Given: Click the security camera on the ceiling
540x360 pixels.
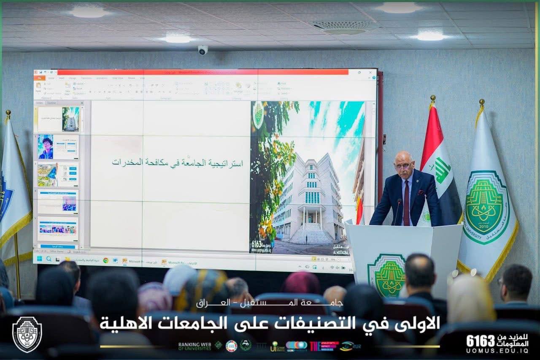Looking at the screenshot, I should (x=203, y=50).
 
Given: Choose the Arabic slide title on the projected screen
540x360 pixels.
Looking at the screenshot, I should (x=177, y=162).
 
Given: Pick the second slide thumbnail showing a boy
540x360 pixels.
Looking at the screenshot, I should (x=58, y=146).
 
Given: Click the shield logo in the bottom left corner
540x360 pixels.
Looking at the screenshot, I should (x=27, y=334).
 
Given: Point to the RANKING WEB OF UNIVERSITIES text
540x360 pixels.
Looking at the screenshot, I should (x=194, y=346).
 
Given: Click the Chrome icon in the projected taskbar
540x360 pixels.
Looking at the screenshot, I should (x=105, y=260).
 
